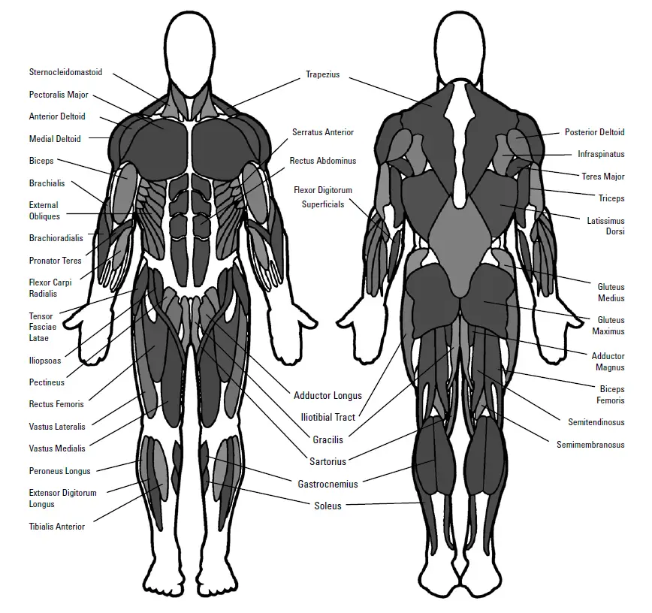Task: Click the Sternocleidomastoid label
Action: pos(65,73)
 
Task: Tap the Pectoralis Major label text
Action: pos(59,95)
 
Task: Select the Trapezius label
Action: pos(323,74)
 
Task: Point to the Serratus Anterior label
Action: pos(323,132)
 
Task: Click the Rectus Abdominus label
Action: pos(323,161)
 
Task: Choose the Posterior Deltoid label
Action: pos(594,132)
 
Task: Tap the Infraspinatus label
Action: pos(601,154)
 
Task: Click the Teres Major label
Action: pos(602,177)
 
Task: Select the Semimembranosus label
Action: pos(590,445)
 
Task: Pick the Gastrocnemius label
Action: pos(328,484)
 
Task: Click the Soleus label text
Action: pos(328,506)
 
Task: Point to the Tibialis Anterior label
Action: pos(57,527)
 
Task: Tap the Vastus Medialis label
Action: pos(57,448)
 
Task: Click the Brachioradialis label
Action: pos(56,238)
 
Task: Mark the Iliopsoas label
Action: pos(45,360)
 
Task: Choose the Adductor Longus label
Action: pos(328,395)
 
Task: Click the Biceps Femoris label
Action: pos(611,395)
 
